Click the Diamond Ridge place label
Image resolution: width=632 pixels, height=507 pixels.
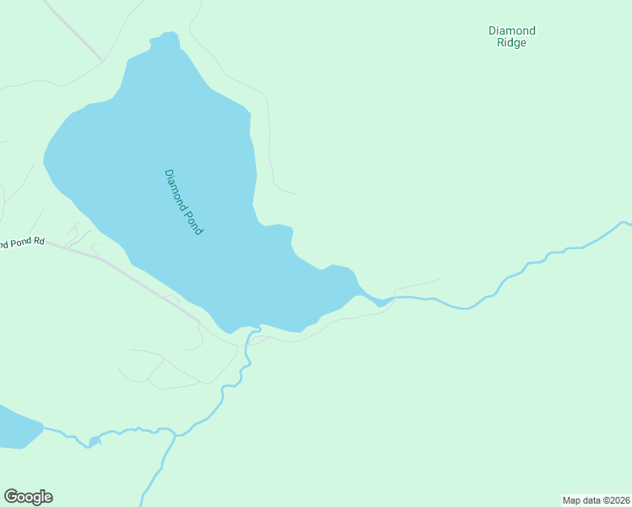point(512,36)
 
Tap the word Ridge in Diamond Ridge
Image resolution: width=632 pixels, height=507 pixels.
point(512,43)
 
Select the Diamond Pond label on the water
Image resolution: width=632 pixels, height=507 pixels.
point(183,202)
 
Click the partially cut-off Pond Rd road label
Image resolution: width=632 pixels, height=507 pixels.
point(17,244)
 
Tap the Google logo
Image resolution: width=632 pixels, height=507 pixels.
point(29,497)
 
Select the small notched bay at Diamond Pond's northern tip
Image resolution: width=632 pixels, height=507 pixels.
point(166,41)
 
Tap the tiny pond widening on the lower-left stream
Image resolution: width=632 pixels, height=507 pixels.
point(94,441)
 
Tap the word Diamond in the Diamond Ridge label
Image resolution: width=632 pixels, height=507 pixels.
point(512,31)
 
